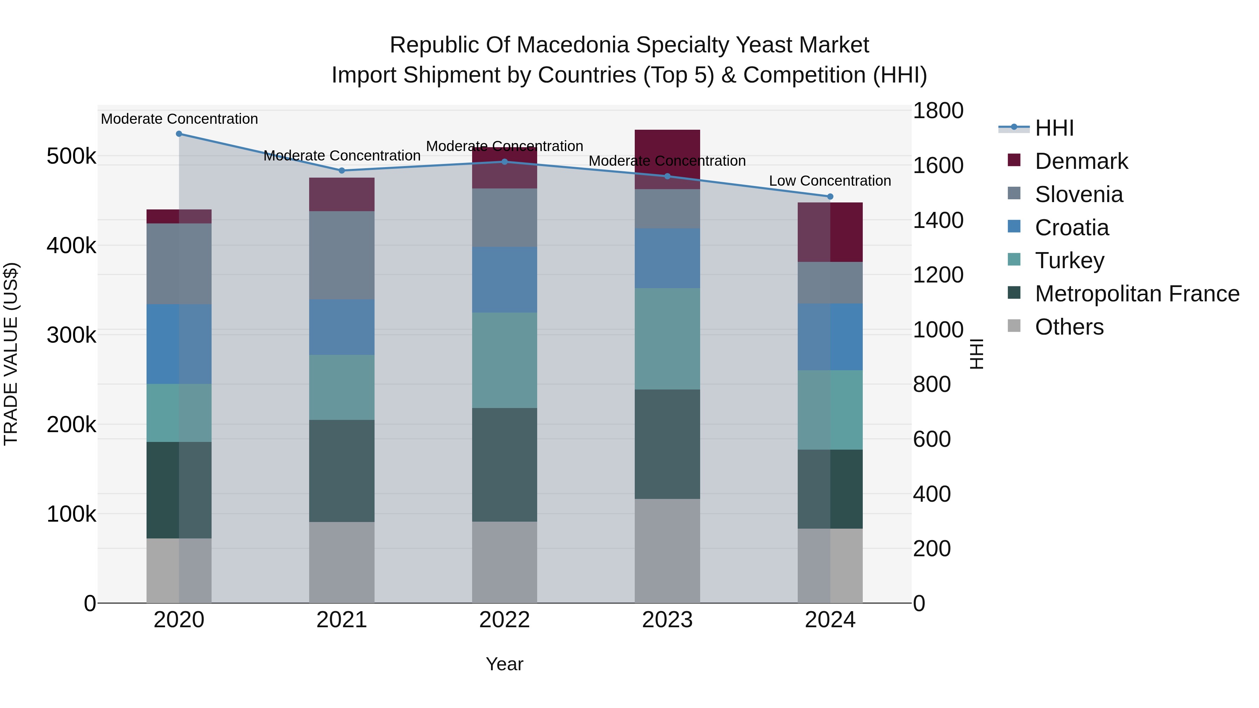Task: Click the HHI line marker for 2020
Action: click(179, 134)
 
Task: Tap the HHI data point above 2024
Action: click(830, 196)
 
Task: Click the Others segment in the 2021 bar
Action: click(342, 562)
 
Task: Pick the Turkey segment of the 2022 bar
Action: click(504, 360)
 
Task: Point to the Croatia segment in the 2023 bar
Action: click(667, 258)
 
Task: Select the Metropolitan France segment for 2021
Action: click(342, 471)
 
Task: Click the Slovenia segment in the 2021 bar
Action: click(342, 255)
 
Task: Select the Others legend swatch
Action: click(1014, 326)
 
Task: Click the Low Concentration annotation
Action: click(830, 181)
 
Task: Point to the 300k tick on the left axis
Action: click(71, 335)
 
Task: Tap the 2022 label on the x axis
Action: click(504, 620)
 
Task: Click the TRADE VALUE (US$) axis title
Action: click(11, 354)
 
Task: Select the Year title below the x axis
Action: click(504, 664)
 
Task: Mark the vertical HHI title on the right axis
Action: click(976, 354)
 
